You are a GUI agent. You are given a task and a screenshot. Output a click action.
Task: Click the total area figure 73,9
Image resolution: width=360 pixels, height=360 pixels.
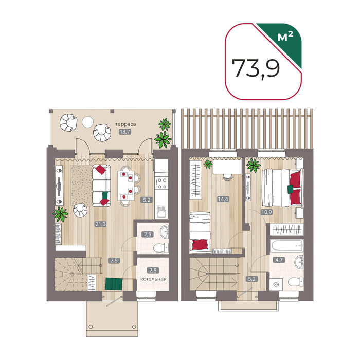(x=256, y=68)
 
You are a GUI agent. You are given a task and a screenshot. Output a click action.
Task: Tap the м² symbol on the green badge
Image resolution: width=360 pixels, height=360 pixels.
(x=285, y=37)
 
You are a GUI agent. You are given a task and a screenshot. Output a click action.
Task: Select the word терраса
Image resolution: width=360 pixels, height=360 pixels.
(x=125, y=124)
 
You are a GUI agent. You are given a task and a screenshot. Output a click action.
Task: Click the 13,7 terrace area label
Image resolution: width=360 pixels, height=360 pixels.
(x=125, y=132)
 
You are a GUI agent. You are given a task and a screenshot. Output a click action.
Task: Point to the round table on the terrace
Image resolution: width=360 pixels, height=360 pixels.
(x=88, y=121)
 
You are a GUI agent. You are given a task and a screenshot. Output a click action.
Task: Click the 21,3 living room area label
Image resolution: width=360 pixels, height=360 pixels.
(x=101, y=224)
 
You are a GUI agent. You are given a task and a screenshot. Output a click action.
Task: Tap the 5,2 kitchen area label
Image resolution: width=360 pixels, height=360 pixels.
(x=147, y=200)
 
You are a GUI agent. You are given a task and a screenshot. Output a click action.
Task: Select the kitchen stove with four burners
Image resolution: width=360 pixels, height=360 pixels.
(x=161, y=184)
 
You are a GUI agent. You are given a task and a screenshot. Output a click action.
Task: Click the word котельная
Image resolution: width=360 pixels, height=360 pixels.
(x=153, y=279)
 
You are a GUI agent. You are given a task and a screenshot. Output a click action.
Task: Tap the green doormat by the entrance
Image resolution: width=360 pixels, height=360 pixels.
(x=114, y=284)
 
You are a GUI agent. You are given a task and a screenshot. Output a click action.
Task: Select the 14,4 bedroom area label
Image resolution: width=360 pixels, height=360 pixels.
(x=223, y=199)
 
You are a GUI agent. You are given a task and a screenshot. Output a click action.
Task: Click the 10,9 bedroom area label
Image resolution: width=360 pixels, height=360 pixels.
(x=266, y=212)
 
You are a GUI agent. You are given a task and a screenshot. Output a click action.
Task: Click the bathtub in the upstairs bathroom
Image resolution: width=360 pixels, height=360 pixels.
(x=286, y=247)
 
